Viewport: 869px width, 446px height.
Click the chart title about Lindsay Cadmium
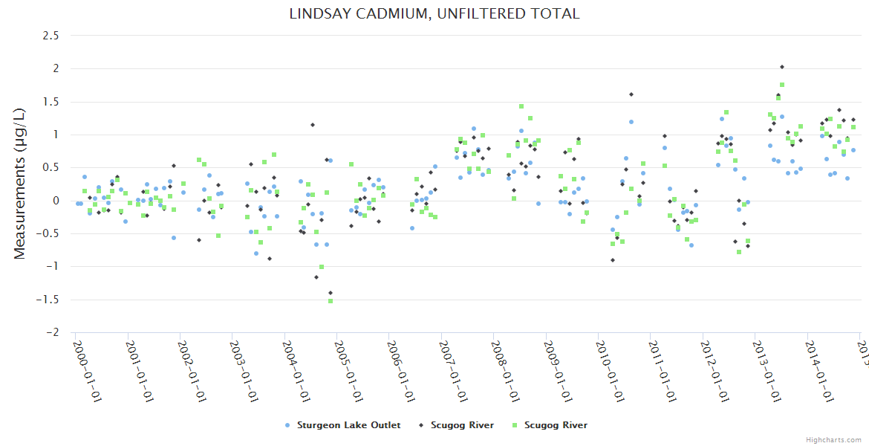pyautogui.click(x=434, y=13)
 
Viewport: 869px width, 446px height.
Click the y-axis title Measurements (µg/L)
pyautogui.click(x=20, y=184)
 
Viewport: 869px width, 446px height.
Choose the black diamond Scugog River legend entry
pyautogui.click(x=457, y=425)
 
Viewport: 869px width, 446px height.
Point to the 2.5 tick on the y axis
pyautogui.click(x=51, y=35)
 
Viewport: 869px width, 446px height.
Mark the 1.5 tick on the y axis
pyautogui.click(x=51, y=101)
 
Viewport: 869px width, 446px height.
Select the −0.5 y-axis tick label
pyautogui.click(x=48, y=233)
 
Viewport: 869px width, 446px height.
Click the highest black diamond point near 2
pyautogui.click(x=782, y=67)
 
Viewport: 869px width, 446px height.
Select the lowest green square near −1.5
pyautogui.click(x=331, y=300)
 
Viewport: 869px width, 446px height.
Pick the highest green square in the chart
pyautogui.click(x=782, y=85)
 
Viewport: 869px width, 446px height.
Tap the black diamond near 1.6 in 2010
pyautogui.click(x=631, y=94)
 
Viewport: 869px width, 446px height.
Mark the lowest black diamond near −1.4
pyautogui.click(x=331, y=293)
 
